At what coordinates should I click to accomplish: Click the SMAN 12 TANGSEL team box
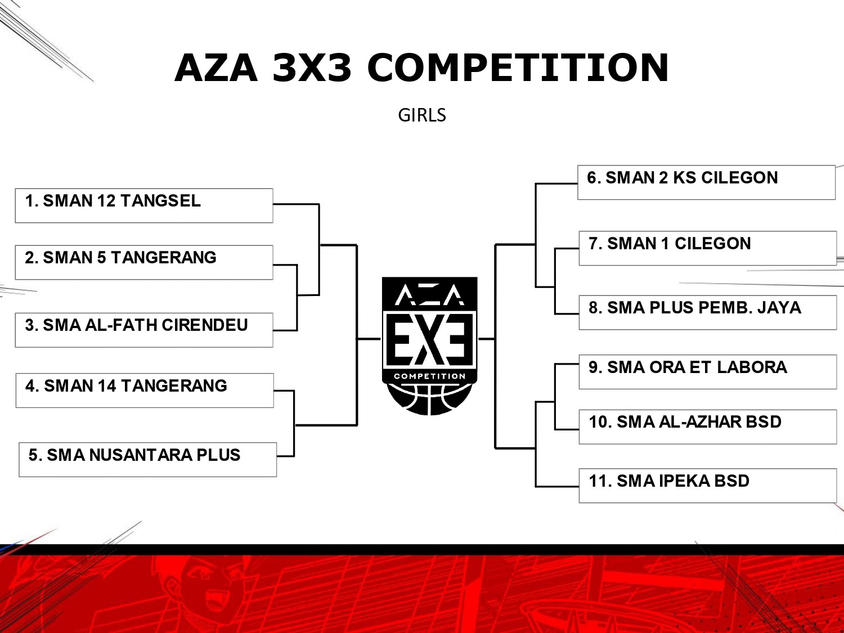click(x=144, y=205)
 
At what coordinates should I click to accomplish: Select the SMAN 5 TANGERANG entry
click(x=144, y=263)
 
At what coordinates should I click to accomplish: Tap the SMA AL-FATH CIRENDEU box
click(x=144, y=330)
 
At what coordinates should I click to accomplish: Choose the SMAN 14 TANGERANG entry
click(x=145, y=390)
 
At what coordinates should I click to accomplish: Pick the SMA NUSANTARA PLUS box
click(x=148, y=460)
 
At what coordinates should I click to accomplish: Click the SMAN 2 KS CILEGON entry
click(x=707, y=182)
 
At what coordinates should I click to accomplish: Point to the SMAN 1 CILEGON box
click(x=708, y=248)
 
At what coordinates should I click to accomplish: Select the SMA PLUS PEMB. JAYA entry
click(x=708, y=312)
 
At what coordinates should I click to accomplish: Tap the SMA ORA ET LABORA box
click(x=708, y=372)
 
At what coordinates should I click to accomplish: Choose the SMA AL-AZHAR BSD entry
click(x=708, y=427)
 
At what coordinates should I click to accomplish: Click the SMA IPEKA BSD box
click(x=708, y=486)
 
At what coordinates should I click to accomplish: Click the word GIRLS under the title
click(x=422, y=115)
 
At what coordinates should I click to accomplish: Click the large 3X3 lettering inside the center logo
click(x=429, y=339)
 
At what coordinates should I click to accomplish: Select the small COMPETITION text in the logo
click(x=429, y=376)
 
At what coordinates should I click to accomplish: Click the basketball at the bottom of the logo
click(x=429, y=399)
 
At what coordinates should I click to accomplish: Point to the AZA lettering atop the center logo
click(x=429, y=295)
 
